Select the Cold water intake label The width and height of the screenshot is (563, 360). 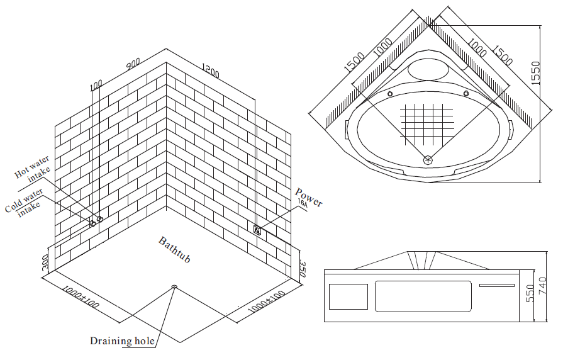(x=25, y=202)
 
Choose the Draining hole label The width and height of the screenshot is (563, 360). (x=122, y=341)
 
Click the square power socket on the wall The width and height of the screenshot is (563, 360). (x=257, y=229)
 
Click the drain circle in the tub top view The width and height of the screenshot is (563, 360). (x=428, y=160)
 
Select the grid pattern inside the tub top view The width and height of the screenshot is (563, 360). (x=428, y=119)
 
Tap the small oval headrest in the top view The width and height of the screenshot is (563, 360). (x=427, y=70)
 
